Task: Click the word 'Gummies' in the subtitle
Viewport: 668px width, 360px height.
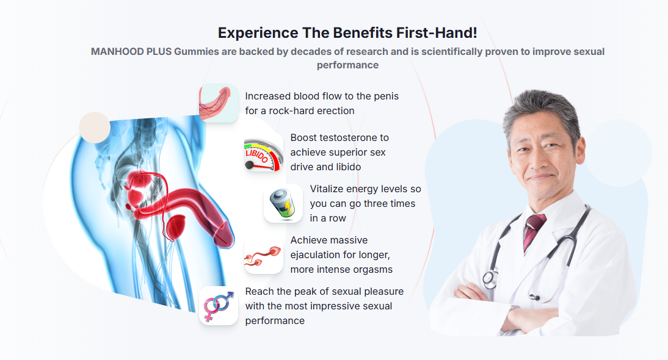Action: tap(196, 51)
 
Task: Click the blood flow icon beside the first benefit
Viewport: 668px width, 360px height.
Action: tap(219, 103)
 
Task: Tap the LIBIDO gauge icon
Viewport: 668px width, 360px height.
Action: tap(263, 154)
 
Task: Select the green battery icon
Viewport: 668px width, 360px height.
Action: tap(283, 203)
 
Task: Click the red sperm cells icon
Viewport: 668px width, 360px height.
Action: tap(263, 254)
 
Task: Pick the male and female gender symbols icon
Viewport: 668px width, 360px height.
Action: tap(219, 306)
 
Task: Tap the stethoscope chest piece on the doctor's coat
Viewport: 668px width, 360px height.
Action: tap(490, 279)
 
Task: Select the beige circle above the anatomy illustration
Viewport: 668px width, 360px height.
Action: tap(95, 128)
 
